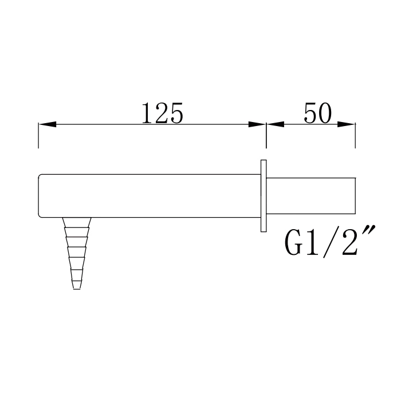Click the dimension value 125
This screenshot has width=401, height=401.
point(162,114)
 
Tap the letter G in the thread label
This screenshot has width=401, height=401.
point(295,245)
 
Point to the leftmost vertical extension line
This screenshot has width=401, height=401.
point(38,135)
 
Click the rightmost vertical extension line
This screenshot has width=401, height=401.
point(356,135)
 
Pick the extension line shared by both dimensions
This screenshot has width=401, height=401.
point(266,135)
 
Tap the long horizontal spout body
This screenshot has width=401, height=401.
point(149,195)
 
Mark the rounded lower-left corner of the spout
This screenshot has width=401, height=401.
point(40,214)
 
